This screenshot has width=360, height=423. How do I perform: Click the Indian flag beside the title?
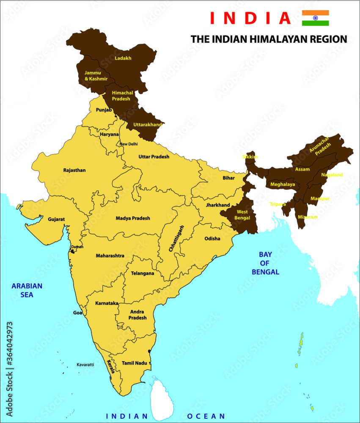click(x=315, y=18)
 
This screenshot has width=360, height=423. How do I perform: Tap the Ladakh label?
click(x=123, y=58)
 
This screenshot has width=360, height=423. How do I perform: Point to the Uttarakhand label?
click(x=148, y=125)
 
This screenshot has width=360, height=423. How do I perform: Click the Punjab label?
click(x=104, y=110)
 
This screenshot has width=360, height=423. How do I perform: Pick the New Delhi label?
click(x=129, y=144)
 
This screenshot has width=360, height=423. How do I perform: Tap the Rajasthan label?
click(x=74, y=170)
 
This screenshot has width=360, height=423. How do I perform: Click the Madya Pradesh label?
click(x=133, y=218)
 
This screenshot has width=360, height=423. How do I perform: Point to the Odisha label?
click(x=212, y=239)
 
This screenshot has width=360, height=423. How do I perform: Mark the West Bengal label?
click(x=242, y=214)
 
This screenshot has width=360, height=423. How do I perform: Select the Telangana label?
click(x=142, y=273)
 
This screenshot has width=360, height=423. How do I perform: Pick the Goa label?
click(x=78, y=313)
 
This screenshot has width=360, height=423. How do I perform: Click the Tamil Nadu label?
click(x=134, y=363)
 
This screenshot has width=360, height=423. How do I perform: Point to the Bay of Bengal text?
click(x=265, y=263)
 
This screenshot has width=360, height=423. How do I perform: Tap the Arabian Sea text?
click(x=27, y=290)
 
